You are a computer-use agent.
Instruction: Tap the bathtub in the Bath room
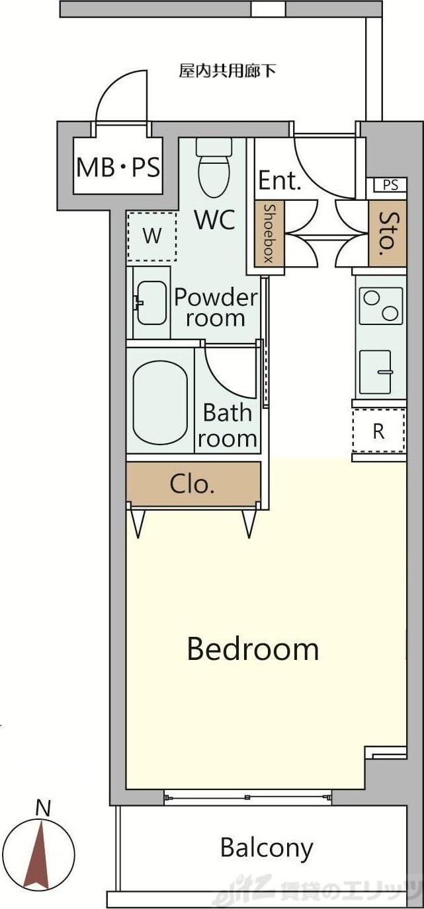pyautogui.click(x=160, y=403)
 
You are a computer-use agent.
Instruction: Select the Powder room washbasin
pyautogui.click(x=151, y=303)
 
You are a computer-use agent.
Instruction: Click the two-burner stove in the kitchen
pyautogui.click(x=381, y=306)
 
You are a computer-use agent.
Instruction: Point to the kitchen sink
pyautogui.click(x=375, y=372)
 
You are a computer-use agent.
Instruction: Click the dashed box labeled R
pyautogui.click(x=379, y=431)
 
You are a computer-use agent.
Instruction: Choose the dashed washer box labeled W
pyautogui.click(x=151, y=236)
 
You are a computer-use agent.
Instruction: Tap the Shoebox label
pyautogui.click(x=269, y=233)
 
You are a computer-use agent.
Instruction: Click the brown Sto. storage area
pyautogui.click(x=388, y=233)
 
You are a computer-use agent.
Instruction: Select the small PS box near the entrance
pyautogui.click(x=390, y=185)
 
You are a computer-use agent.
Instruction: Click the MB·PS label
pyautogui.click(x=118, y=167)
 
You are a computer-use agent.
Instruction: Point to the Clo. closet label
pyautogui.click(x=192, y=484)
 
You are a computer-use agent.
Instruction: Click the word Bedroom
pyautogui.click(x=253, y=648)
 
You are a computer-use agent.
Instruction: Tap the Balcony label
pyautogui.click(x=267, y=847)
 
